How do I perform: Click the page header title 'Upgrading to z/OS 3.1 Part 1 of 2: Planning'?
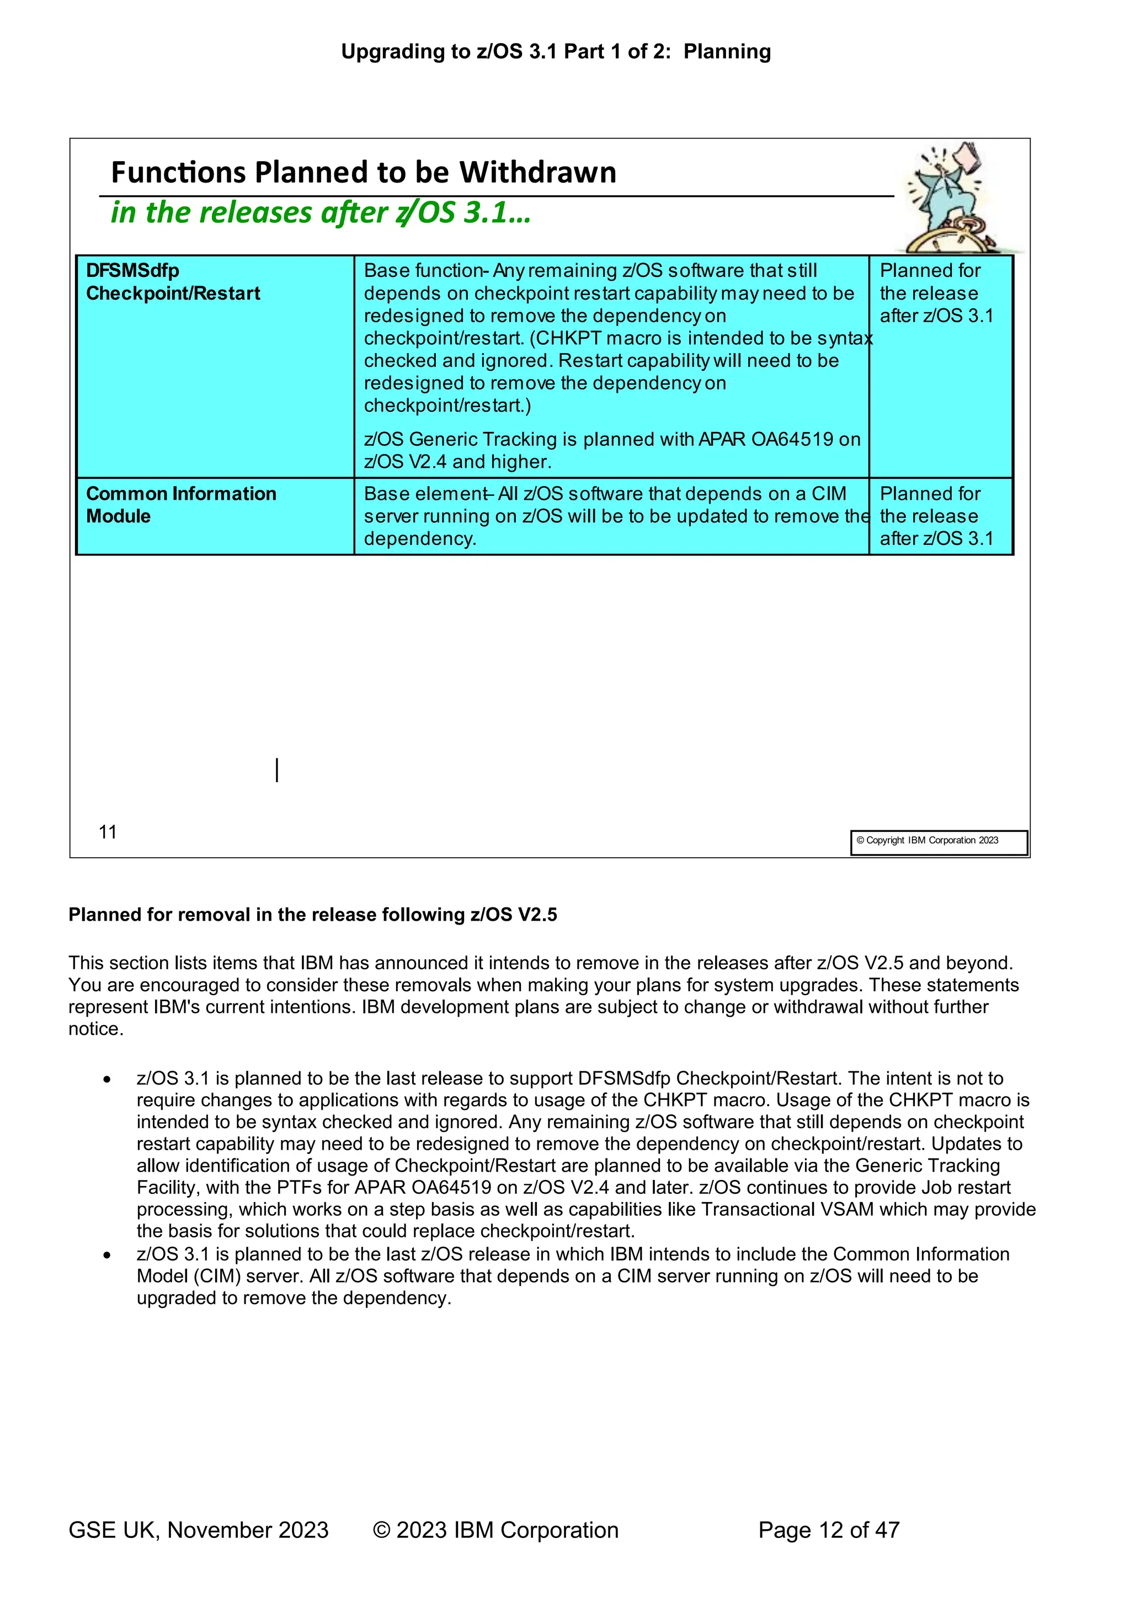(x=555, y=51)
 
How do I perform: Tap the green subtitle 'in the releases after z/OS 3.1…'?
(x=320, y=212)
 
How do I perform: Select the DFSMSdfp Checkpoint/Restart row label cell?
(x=215, y=366)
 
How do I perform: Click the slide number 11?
(x=108, y=832)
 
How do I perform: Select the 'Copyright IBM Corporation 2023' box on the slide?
(x=938, y=842)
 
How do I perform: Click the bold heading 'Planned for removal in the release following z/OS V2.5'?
(x=312, y=915)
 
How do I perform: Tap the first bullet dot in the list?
(x=106, y=1080)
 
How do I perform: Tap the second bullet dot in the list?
(x=106, y=1256)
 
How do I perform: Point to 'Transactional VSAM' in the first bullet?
(x=787, y=1210)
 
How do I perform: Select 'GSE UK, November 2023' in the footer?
(x=198, y=1530)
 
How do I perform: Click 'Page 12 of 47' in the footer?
(x=829, y=1530)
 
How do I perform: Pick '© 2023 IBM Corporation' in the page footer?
(x=495, y=1530)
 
